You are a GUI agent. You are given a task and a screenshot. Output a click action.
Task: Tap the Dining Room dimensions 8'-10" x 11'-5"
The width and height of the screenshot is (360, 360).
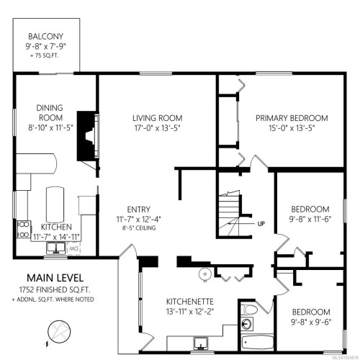(50, 128)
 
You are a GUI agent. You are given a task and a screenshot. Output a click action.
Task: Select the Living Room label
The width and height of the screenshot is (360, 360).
(157, 117)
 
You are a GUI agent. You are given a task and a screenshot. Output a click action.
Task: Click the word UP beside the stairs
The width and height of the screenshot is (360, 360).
(261, 224)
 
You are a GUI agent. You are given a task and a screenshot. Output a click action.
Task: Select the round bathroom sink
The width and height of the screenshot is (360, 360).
(204, 273)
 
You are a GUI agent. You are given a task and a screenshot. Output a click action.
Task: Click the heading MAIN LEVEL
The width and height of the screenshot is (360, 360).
(55, 277)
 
